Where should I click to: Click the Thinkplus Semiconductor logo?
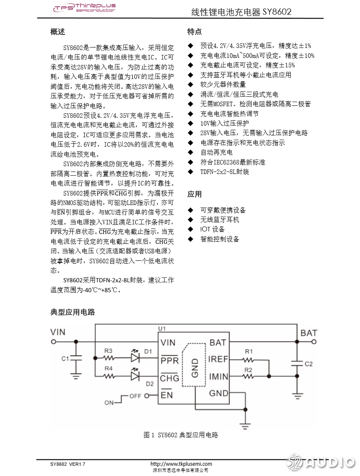pyautogui.click(x=84, y=8)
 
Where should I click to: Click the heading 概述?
pyautogui.click(x=57, y=32)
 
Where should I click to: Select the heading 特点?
pyautogui.click(x=194, y=32)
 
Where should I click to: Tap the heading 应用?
pyautogui.click(x=194, y=194)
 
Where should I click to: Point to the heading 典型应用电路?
pyautogui.click(x=72, y=312)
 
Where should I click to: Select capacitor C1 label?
pyautogui.click(x=65, y=359)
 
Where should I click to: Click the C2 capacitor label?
pyautogui.click(x=308, y=364)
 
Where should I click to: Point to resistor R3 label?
pyautogui.click(x=108, y=351)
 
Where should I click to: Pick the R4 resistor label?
pyautogui.click(x=108, y=368)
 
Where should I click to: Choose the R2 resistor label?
pyautogui.click(x=248, y=369)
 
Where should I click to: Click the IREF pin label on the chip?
pyautogui.click(x=218, y=359)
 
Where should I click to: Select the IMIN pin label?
pyautogui.click(x=218, y=376)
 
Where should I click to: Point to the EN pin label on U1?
pyautogui.click(x=167, y=395)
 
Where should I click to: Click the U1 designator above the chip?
pyautogui.click(x=162, y=328)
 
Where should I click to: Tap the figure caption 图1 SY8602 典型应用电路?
pyautogui.click(x=181, y=435)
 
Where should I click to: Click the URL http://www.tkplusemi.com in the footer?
pyautogui.click(x=181, y=464)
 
